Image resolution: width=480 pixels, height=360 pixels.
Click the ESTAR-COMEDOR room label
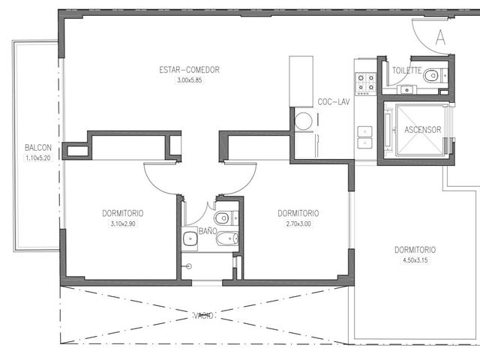tap(189, 70)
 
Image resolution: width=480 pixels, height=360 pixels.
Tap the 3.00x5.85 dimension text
tap(190, 80)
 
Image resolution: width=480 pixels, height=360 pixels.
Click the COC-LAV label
tap(333, 102)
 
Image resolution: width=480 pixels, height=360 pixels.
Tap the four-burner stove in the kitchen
tap(365, 83)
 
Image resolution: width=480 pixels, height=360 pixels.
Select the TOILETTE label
tap(406, 70)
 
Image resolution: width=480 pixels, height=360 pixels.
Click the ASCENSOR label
tap(423, 130)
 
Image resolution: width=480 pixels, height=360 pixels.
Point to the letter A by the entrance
tap(440, 37)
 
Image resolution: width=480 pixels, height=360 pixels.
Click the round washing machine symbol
tap(303, 120)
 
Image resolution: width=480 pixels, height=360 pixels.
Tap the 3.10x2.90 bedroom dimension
tap(123, 223)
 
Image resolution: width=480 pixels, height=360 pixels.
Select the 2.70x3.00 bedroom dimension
tap(298, 223)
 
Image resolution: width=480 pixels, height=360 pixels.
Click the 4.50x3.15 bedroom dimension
tap(415, 260)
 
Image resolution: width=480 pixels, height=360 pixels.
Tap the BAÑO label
tap(208, 231)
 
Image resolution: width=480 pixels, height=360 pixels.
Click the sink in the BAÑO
tap(190, 238)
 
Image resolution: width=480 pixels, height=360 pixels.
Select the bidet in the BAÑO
tap(226, 238)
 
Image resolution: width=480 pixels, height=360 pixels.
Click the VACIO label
tap(203, 315)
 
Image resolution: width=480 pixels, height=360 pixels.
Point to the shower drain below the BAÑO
tap(189, 266)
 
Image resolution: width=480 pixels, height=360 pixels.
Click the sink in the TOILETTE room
tap(406, 90)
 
